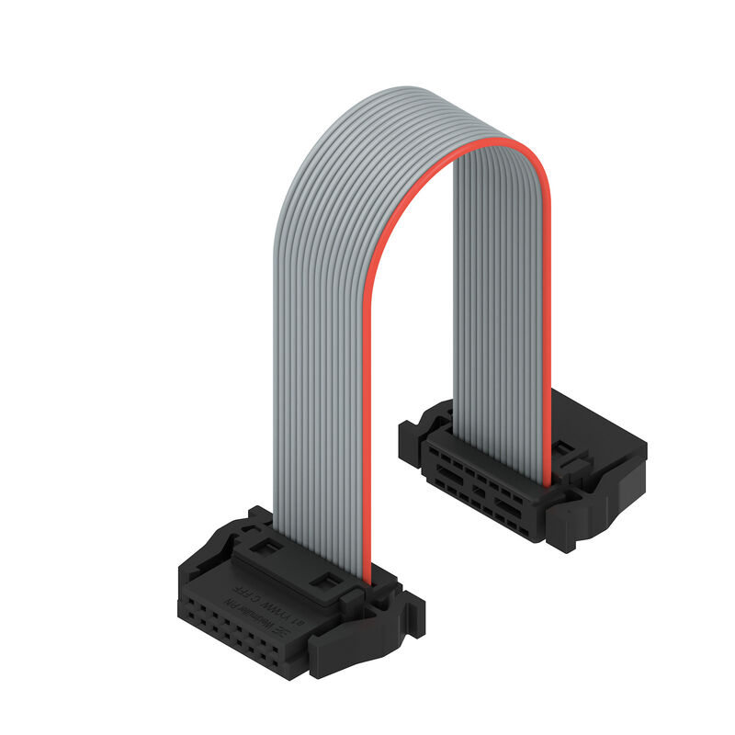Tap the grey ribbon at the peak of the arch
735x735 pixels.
(x=423, y=101)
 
